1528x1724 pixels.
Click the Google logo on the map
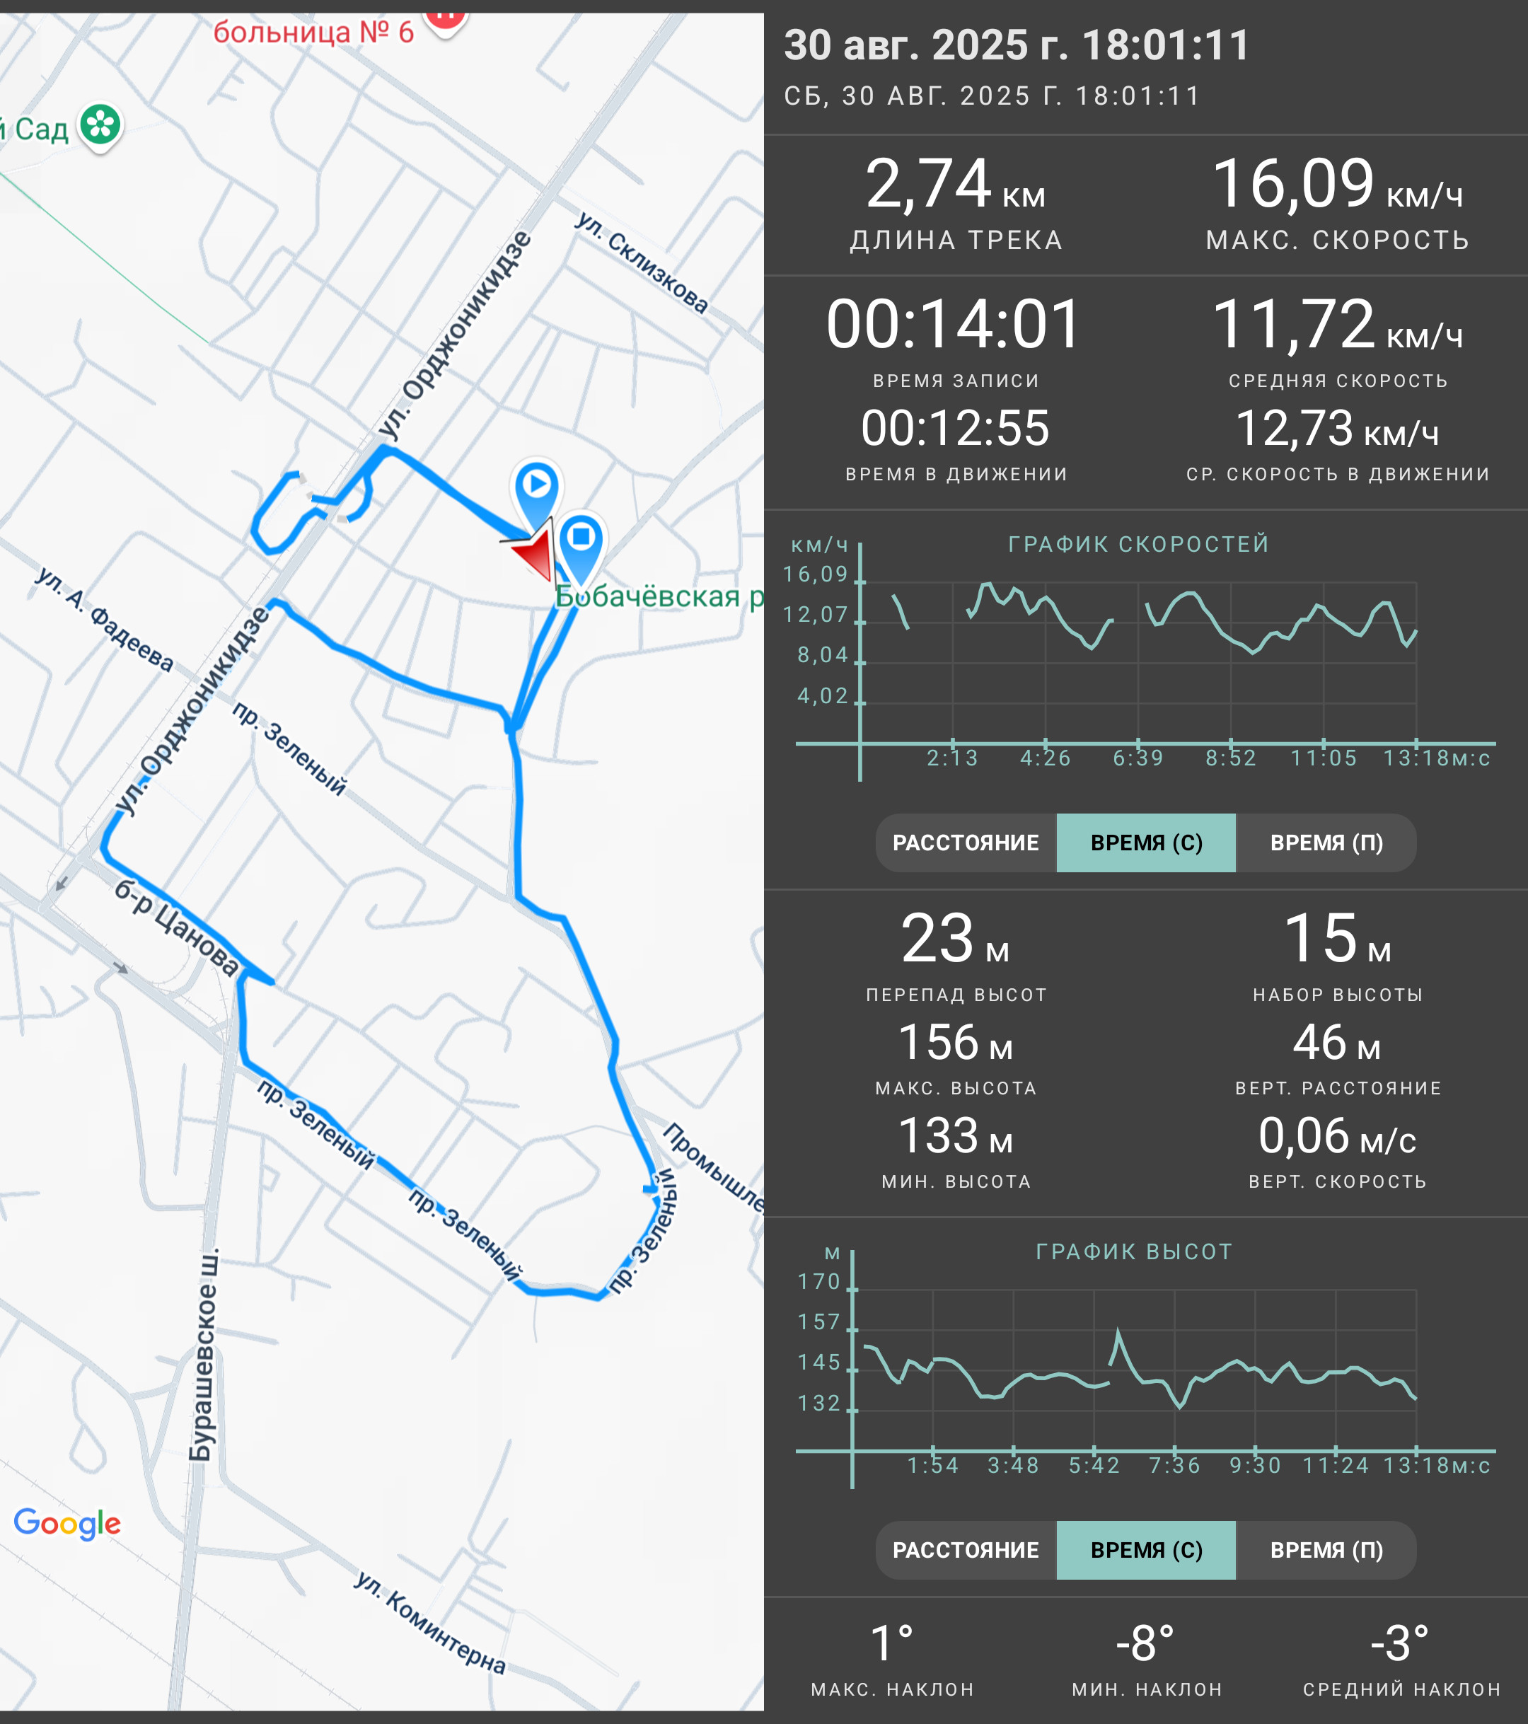click(67, 1523)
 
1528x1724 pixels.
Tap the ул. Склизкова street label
click(641, 262)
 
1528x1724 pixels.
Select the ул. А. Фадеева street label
click(105, 619)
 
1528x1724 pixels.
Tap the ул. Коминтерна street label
click(430, 1622)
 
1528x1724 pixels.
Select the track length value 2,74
click(927, 184)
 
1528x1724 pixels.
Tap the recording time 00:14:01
click(954, 325)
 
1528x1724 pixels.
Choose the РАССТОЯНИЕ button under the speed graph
click(966, 843)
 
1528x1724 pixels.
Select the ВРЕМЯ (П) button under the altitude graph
click(1326, 1550)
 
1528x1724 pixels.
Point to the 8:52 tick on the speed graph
click(1231, 758)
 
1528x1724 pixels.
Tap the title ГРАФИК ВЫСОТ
click(1134, 1251)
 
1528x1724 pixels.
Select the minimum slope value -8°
click(1145, 1644)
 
